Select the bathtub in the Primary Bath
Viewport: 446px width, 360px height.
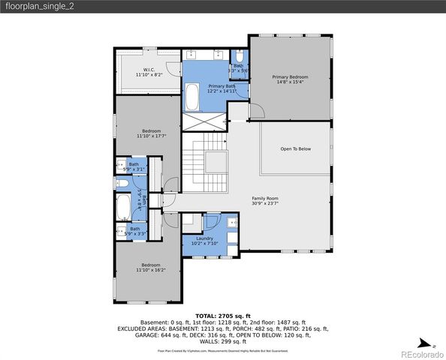(192, 97)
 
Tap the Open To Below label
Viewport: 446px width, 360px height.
(295, 149)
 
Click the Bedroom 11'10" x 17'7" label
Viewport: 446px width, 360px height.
(146, 132)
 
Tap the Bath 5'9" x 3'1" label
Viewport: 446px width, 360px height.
(134, 166)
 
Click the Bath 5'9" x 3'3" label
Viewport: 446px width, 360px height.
(134, 231)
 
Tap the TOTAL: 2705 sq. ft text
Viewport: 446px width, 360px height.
(222, 316)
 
